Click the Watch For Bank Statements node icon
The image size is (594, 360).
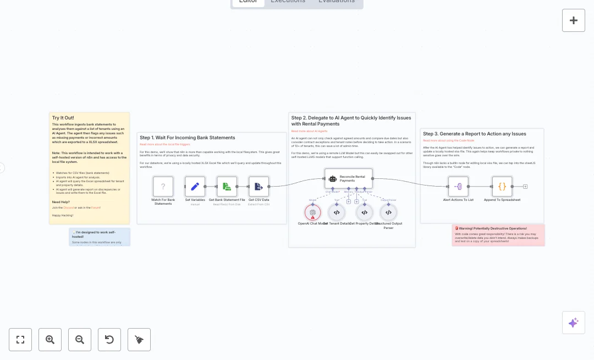pyautogui.click(x=163, y=187)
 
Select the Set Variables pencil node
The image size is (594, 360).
pyautogui.click(x=195, y=187)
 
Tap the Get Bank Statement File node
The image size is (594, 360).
pyautogui.click(x=227, y=187)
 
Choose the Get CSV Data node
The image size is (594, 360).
pyautogui.click(x=258, y=187)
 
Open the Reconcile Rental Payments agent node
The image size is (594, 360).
pyautogui.click(x=348, y=178)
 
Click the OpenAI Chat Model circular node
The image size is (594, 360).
pyautogui.click(x=312, y=212)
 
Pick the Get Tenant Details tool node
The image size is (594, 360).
pyautogui.click(x=337, y=212)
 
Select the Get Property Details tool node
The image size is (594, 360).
pyautogui.click(x=364, y=212)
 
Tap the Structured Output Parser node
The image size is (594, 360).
pyautogui.click(x=388, y=212)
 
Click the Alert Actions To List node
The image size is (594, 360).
pyautogui.click(x=458, y=187)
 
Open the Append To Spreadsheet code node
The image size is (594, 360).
pyautogui.click(x=502, y=187)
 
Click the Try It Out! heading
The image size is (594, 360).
pyautogui.click(x=63, y=118)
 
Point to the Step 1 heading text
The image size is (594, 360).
pyautogui.click(x=187, y=138)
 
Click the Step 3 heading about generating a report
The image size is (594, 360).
pyautogui.click(x=474, y=134)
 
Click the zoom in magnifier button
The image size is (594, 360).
pyautogui.click(x=50, y=340)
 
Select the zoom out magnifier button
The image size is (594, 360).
pyautogui.click(x=80, y=340)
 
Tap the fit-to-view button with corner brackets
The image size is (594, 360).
pyautogui.click(x=20, y=340)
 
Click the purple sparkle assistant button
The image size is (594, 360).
pyautogui.click(x=573, y=323)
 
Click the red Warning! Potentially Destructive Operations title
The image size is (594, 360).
pyautogui.click(x=492, y=228)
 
